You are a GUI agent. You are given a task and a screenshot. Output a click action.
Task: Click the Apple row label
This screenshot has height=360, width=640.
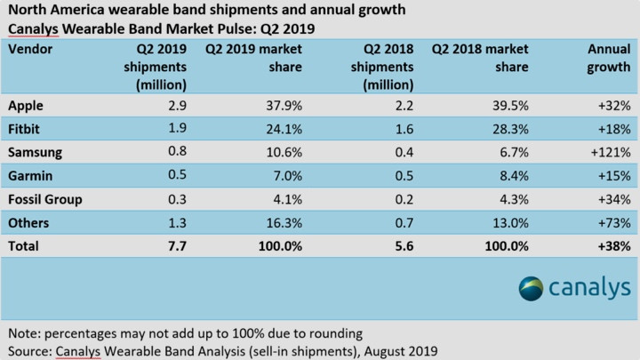click(26, 105)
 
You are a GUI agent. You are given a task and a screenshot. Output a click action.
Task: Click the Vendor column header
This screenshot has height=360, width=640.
click(30, 50)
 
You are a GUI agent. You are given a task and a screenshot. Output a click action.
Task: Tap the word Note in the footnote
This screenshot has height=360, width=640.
click(24, 333)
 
